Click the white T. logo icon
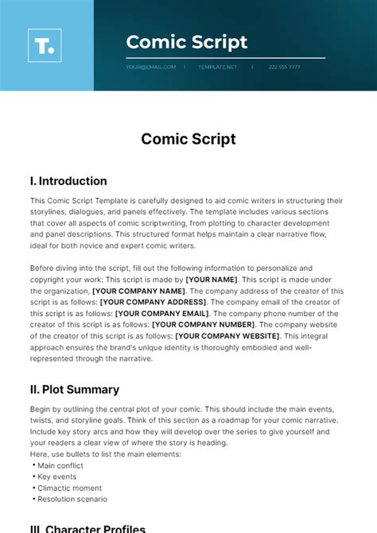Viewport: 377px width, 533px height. tap(45, 45)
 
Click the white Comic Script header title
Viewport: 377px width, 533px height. tap(187, 42)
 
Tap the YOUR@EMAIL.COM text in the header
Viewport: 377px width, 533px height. tap(150, 67)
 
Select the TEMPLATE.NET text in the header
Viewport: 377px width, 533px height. tap(217, 67)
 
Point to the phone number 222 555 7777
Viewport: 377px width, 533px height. tap(284, 67)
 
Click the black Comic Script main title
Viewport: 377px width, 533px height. tap(188, 139)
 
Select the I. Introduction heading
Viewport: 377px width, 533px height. tap(68, 181)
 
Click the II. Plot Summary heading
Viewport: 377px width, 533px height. tap(75, 389)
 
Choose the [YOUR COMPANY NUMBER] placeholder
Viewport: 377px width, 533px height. tap(203, 324)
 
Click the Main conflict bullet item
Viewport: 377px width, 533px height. tap(60, 465)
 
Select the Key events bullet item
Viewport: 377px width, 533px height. tap(55, 477)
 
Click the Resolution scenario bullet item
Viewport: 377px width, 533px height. tap(72, 499)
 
